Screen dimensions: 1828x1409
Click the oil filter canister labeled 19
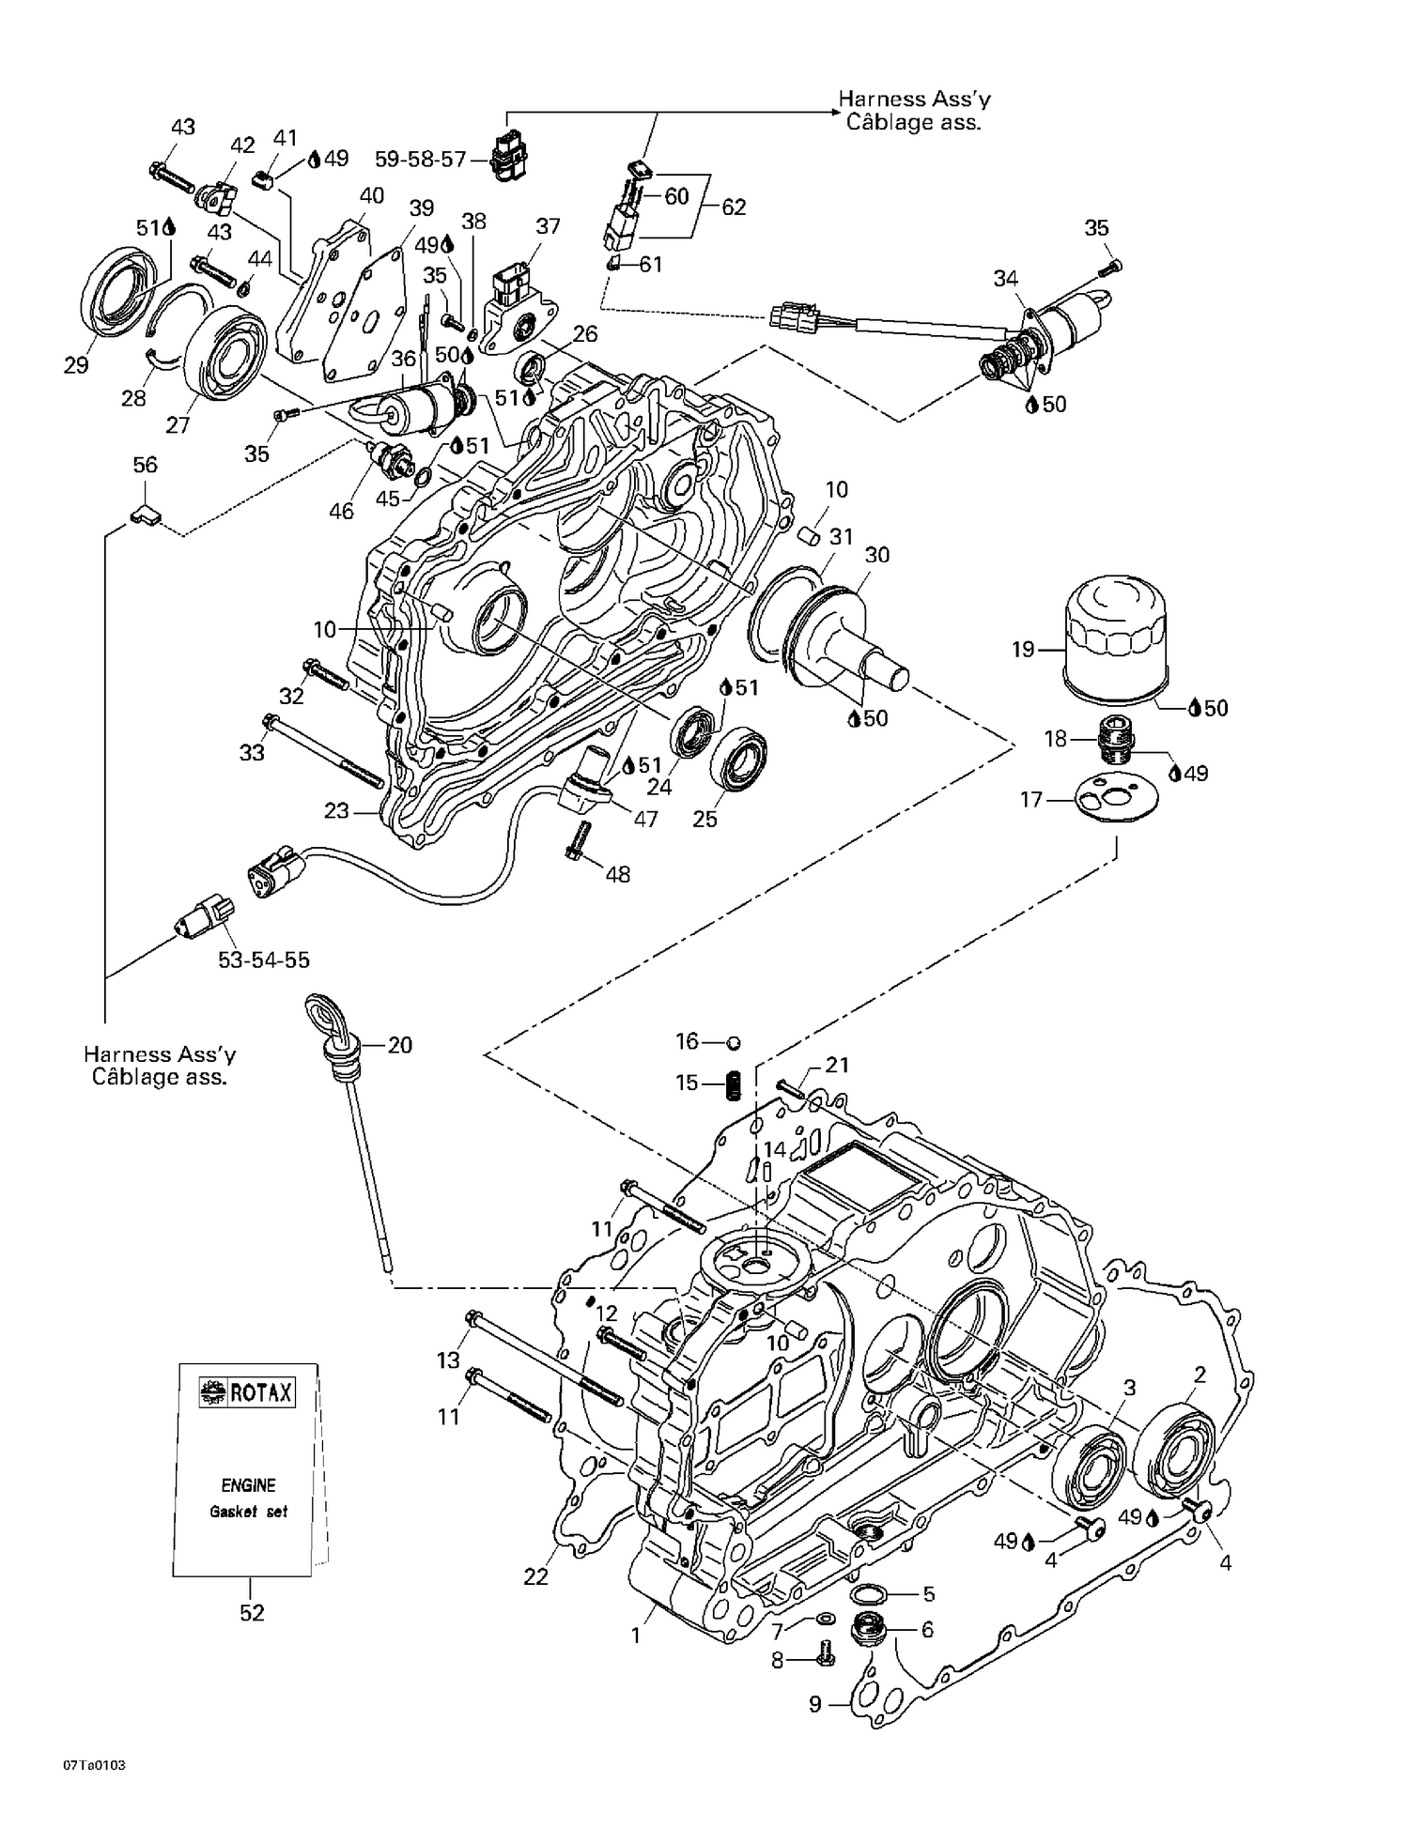(1114, 638)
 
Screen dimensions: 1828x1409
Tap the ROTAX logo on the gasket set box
(247, 1392)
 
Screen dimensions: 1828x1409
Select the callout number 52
(252, 1613)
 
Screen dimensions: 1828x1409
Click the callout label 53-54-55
(264, 960)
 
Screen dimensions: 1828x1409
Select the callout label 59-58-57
(420, 160)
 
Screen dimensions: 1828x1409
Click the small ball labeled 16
(735, 1042)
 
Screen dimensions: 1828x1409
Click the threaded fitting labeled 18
(1116, 737)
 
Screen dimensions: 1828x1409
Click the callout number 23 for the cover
(337, 809)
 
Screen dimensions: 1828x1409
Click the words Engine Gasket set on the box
(247, 1498)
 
